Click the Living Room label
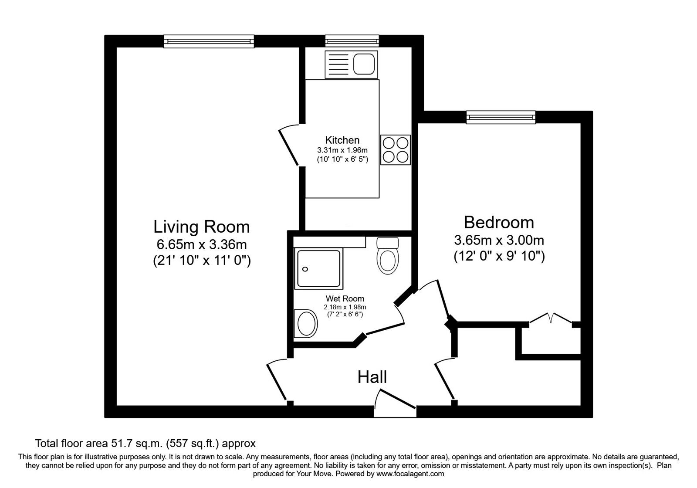coord(201,227)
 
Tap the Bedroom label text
coord(499,222)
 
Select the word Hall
coord(372,377)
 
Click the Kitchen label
coord(342,140)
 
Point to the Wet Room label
coord(345,299)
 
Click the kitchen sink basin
coord(364,64)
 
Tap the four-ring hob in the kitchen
coord(396,149)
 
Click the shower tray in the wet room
coord(318,269)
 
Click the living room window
coord(209,41)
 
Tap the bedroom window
coord(501,117)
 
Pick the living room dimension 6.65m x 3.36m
coord(201,244)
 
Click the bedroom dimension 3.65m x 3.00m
coord(499,240)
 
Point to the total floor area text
coord(145,444)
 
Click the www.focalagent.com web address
coord(410,474)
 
